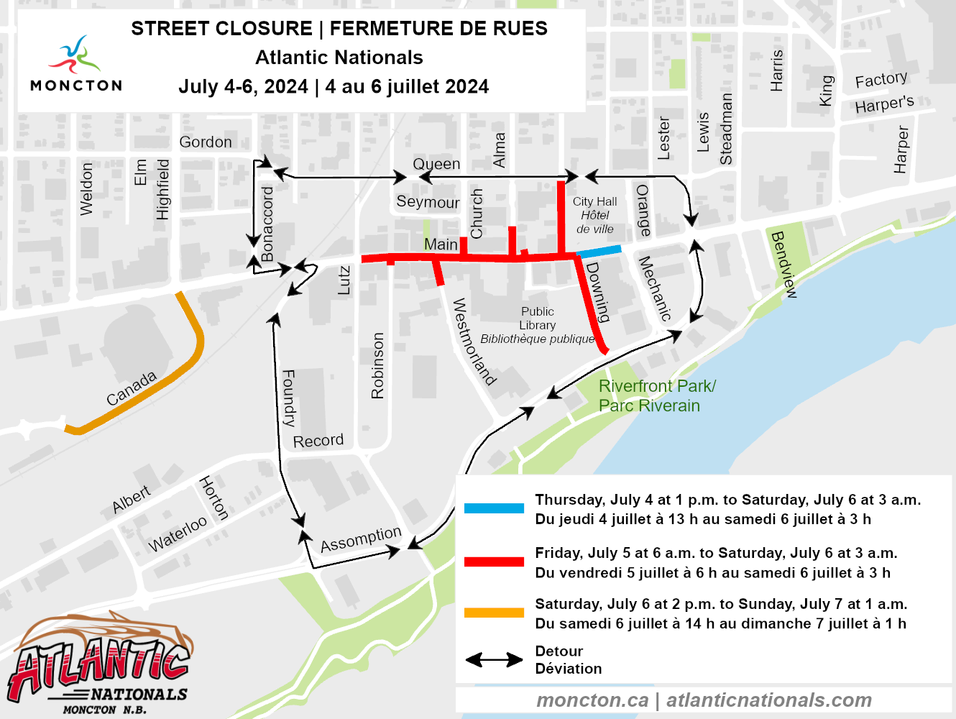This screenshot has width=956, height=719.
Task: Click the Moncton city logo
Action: [x=76, y=63]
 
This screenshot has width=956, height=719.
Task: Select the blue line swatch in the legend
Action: [x=494, y=508]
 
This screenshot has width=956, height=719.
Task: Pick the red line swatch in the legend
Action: [x=494, y=562]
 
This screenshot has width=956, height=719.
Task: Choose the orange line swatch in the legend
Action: [x=494, y=613]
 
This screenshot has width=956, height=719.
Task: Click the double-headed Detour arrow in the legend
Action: [x=494, y=660]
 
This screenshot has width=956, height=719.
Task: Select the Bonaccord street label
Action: [x=267, y=224]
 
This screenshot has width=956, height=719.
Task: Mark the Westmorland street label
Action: [x=474, y=342]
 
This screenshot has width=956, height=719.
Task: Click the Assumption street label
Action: [x=361, y=539]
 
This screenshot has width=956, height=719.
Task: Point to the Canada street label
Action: [x=132, y=389]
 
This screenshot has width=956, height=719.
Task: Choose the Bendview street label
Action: [x=783, y=265]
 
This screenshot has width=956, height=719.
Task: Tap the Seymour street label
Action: [x=428, y=202]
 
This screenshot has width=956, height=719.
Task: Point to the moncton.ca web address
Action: [x=592, y=700]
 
